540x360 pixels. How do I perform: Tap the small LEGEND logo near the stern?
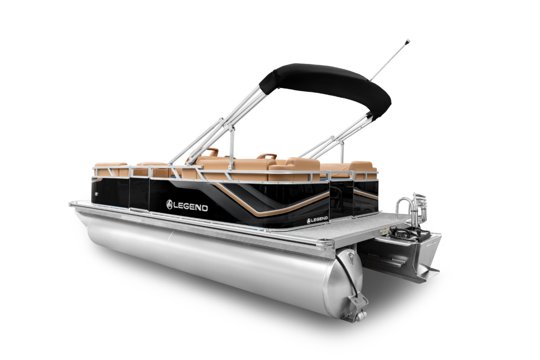pos(317,220)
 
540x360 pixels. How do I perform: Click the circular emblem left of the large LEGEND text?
pos(170,205)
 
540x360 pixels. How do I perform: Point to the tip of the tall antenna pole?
pos(409,41)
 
